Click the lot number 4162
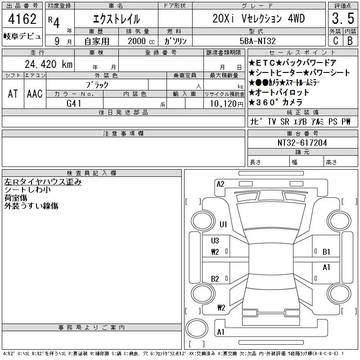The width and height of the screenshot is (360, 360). pyautogui.click(x=22, y=19)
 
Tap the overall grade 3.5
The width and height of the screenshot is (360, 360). pyautogui.click(x=343, y=18)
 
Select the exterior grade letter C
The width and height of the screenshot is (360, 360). pyautogui.click(x=335, y=41)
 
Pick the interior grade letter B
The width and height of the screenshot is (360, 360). pyautogui.click(x=350, y=41)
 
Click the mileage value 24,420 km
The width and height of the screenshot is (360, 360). pyautogui.click(x=49, y=64)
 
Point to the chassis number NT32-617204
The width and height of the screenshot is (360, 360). pyautogui.click(x=302, y=143)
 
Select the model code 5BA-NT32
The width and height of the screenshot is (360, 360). pyautogui.click(x=257, y=41)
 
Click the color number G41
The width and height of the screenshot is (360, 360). pyautogui.click(x=74, y=103)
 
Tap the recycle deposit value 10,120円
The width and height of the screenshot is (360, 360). pyautogui.click(x=226, y=104)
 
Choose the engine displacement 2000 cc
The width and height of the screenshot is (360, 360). pyautogui.click(x=141, y=41)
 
